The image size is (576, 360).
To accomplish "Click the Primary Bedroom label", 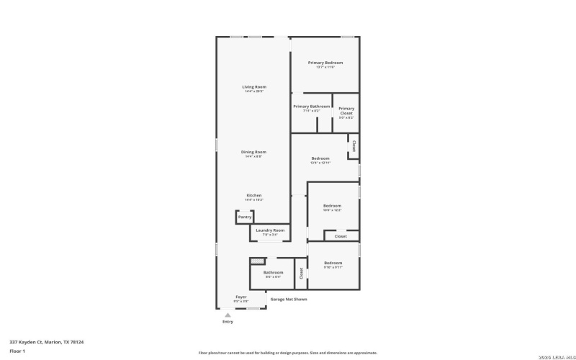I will click(x=325, y=63).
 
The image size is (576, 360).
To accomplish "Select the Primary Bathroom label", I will click(x=311, y=107).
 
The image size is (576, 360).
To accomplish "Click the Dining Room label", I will click(x=253, y=152).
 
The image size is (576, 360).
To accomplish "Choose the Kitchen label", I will click(x=254, y=195).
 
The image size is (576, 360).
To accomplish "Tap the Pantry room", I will click(x=245, y=217).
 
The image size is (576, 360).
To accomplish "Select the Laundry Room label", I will click(x=270, y=230).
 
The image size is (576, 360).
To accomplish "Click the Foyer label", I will click(x=241, y=297).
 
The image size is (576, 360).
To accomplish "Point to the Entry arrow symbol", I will click(x=228, y=315).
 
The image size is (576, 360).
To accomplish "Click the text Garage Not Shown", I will click(x=289, y=299).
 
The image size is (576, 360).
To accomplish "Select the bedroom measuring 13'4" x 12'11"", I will click(x=320, y=159).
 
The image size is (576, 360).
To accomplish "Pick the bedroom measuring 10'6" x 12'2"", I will click(x=332, y=205).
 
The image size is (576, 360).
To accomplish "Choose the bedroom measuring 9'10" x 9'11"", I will click(x=333, y=264).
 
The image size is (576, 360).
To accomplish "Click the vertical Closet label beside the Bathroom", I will click(x=301, y=273).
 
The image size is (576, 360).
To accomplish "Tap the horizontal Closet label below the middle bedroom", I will click(x=341, y=236).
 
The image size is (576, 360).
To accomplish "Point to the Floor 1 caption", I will click(x=17, y=351).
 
